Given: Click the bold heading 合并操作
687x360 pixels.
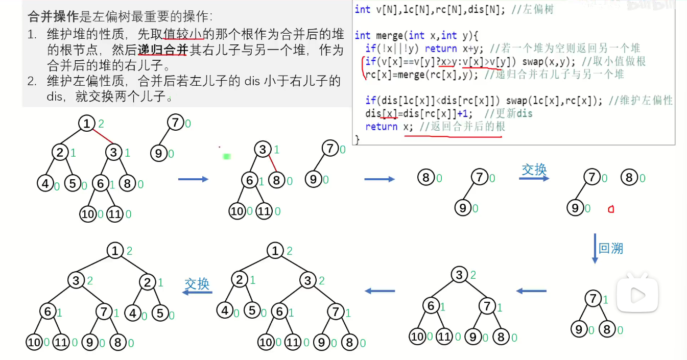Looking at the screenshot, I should tap(53, 17).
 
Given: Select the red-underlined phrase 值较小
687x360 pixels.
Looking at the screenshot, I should tap(183, 35).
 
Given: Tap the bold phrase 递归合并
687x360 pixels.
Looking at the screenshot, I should tap(163, 50).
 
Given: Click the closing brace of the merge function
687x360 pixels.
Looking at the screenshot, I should tap(357, 139).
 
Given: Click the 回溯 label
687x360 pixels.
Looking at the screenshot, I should tap(611, 249).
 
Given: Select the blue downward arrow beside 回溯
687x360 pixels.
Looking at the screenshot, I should tap(595, 249).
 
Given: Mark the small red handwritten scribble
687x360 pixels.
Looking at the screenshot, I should tap(610, 209).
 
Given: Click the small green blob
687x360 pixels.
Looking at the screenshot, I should tap(227, 156).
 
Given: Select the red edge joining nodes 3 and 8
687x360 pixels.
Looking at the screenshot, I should tap(272, 164).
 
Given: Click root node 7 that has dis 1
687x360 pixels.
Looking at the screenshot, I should tap(593, 299).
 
